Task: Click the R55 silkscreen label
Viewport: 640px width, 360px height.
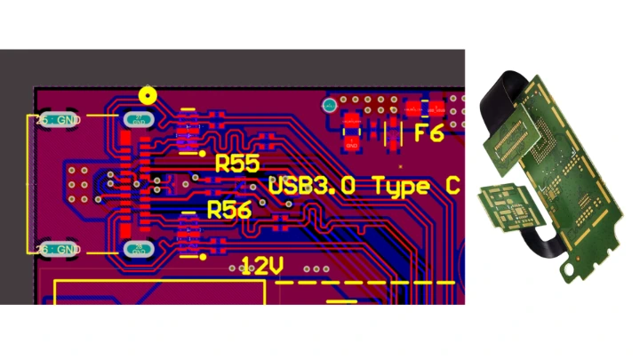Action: (237, 164)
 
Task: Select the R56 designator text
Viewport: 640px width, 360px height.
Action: (229, 210)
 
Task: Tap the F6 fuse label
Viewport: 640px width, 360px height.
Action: (429, 134)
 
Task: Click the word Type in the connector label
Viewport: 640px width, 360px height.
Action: (404, 187)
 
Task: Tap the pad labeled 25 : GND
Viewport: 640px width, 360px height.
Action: (59, 119)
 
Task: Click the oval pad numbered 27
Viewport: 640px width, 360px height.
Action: (138, 119)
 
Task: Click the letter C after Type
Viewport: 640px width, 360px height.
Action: (452, 187)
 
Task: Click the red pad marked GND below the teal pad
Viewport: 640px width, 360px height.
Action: (353, 140)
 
